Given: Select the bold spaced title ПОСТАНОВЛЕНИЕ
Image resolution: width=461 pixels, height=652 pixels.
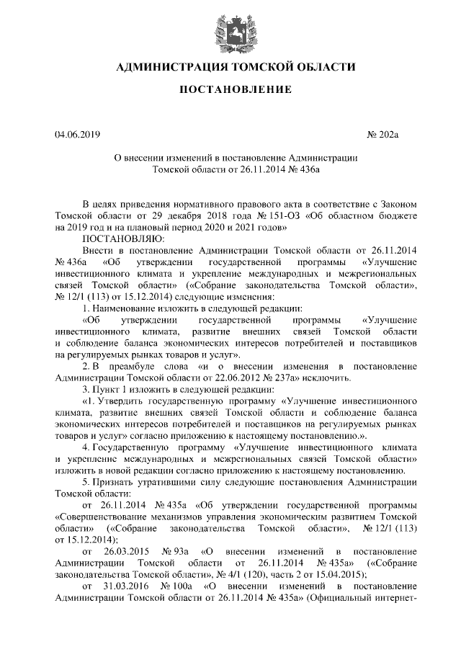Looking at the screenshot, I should click(x=230, y=90).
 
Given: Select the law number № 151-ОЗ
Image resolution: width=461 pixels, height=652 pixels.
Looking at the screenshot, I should click(x=269, y=215).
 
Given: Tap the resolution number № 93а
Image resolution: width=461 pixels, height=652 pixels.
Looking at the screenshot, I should click(x=176, y=550).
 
